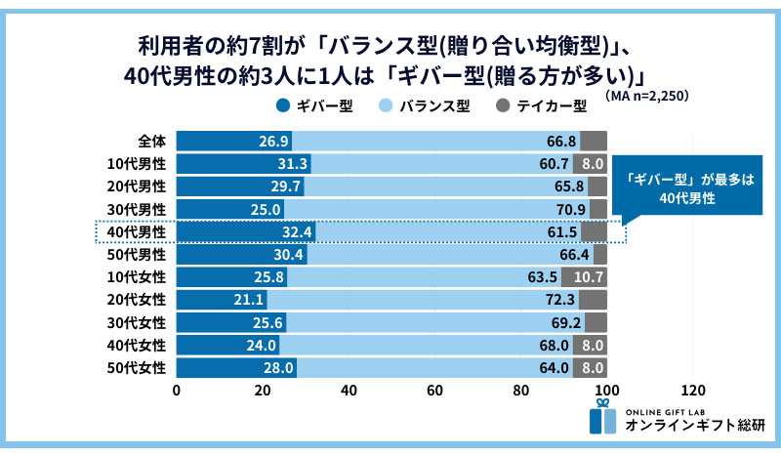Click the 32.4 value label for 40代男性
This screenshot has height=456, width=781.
pyautogui.click(x=296, y=231)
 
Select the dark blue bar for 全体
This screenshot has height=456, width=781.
pyautogui.click(x=220, y=141)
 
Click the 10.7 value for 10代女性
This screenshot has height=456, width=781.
pyautogui.click(x=591, y=276)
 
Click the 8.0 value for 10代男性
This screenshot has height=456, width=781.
pyautogui.click(x=592, y=164)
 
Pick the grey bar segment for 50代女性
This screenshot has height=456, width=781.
pyautogui.click(x=591, y=367)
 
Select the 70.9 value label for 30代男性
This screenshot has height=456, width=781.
pyautogui.click(x=568, y=209)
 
